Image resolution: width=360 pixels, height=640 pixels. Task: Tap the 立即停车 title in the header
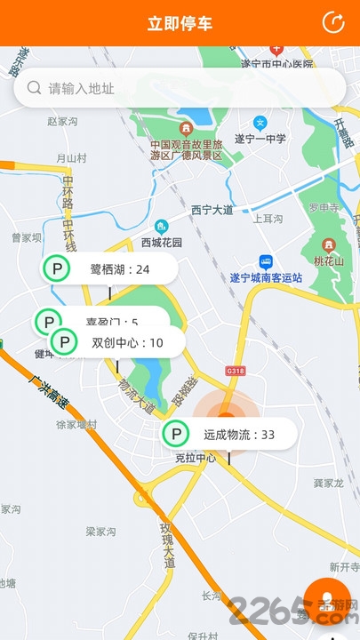[180, 23]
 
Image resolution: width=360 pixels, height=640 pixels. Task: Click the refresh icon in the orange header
[333, 23]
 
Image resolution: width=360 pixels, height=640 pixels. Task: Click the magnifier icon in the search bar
[35, 88]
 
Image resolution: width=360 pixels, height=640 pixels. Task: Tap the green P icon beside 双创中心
[64, 342]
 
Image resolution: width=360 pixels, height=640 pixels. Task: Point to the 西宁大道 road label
[212, 211]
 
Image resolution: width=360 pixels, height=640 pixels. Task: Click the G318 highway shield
[235, 371]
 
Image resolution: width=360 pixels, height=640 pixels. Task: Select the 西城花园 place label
[161, 242]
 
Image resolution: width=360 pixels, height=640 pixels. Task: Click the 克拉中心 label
[194, 459]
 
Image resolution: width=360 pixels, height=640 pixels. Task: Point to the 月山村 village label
[71, 158]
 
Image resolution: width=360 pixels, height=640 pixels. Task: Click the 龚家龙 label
[328, 483]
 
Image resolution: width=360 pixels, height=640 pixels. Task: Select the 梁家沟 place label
[100, 532]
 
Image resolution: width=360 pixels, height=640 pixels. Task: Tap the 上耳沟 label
[268, 219]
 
